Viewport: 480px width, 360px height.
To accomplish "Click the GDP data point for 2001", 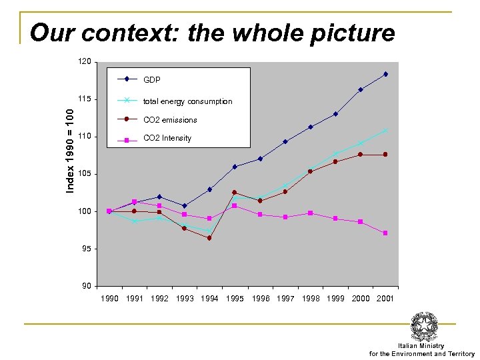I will (x=385, y=74).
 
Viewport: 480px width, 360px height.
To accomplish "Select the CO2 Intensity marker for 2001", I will (x=385, y=233).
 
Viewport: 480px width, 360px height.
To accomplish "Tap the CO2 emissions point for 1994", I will (x=209, y=238).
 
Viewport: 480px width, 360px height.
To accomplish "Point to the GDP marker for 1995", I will (x=235, y=167).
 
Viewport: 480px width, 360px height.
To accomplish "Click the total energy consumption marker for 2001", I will (x=385, y=131).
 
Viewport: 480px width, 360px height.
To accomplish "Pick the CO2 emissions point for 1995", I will (x=235, y=192).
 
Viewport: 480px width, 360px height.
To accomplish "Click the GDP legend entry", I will (x=152, y=79).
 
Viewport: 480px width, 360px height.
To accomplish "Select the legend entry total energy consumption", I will (x=187, y=101).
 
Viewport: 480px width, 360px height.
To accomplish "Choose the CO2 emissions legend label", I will (x=170, y=120).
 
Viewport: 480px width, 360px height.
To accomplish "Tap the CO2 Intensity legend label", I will (x=167, y=138).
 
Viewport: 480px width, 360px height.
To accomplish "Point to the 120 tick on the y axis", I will (x=85, y=61).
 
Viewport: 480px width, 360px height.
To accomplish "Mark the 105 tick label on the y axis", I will (x=85, y=174).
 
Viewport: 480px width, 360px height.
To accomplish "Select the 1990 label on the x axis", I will (x=109, y=299).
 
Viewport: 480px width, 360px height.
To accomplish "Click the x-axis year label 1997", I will (x=285, y=299).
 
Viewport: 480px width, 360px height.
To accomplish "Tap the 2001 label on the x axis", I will (x=385, y=299).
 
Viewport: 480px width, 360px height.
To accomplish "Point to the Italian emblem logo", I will (x=423, y=327).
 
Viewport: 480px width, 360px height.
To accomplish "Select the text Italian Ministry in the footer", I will (x=421, y=346).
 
